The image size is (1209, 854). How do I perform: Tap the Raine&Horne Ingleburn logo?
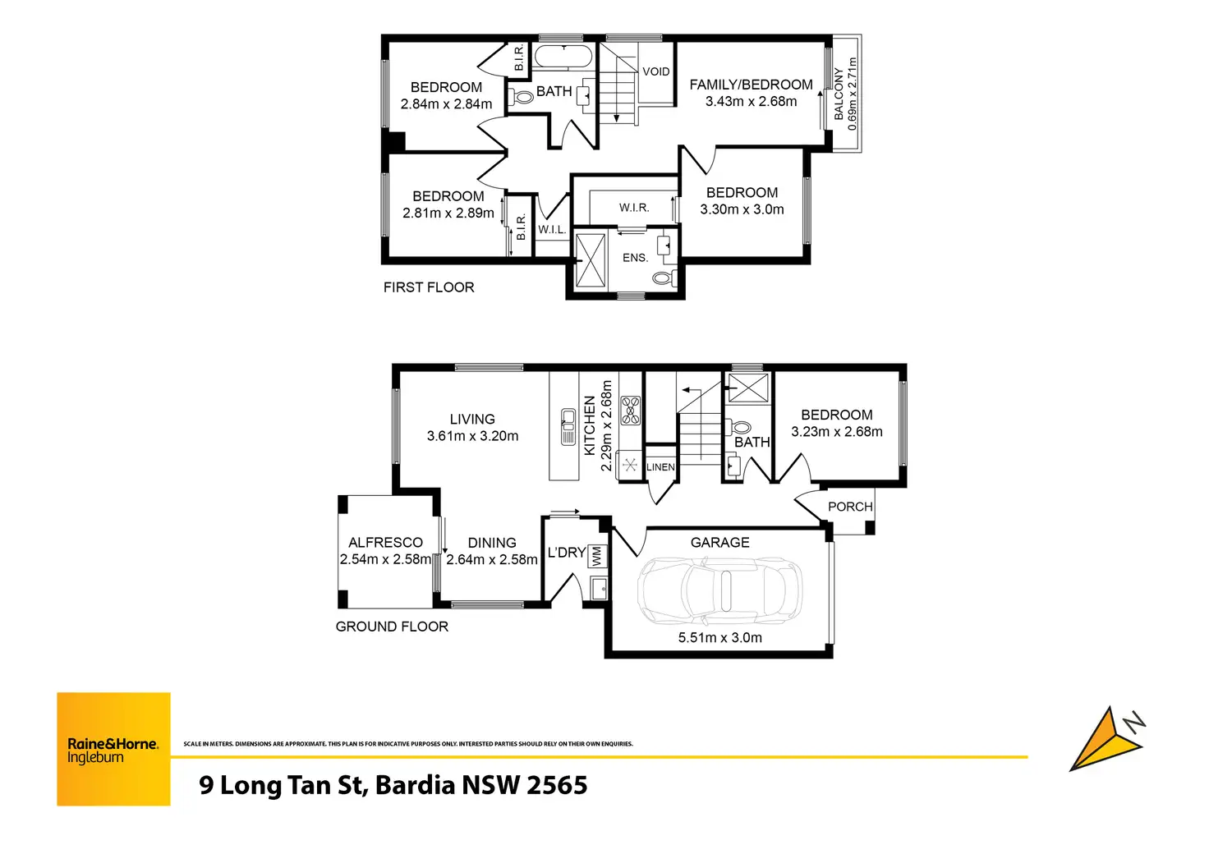coord(113,749)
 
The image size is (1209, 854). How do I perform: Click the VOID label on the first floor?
coord(655,71)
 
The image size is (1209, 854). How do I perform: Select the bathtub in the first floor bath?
coord(563,57)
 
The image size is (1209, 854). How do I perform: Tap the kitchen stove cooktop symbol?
coord(630,410)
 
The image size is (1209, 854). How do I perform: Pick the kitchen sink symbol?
coord(568,426)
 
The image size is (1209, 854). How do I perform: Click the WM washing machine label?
coord(597,556)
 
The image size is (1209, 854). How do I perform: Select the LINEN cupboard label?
coord(660,467)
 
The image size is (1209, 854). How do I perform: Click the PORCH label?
coord(850,507)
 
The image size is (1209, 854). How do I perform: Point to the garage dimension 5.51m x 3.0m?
coord(719,637)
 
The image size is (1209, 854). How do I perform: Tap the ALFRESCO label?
coord(385,542)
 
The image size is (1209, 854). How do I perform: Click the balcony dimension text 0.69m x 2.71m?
coord(853,94)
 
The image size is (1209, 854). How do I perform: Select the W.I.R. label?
coord(634,208)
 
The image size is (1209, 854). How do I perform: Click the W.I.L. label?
coord(552,230)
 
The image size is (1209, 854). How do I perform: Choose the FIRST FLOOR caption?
coord(429,287)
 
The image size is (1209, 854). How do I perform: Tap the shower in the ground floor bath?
coord(748,388)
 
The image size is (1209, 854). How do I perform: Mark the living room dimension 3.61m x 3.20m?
coord(472,436)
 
